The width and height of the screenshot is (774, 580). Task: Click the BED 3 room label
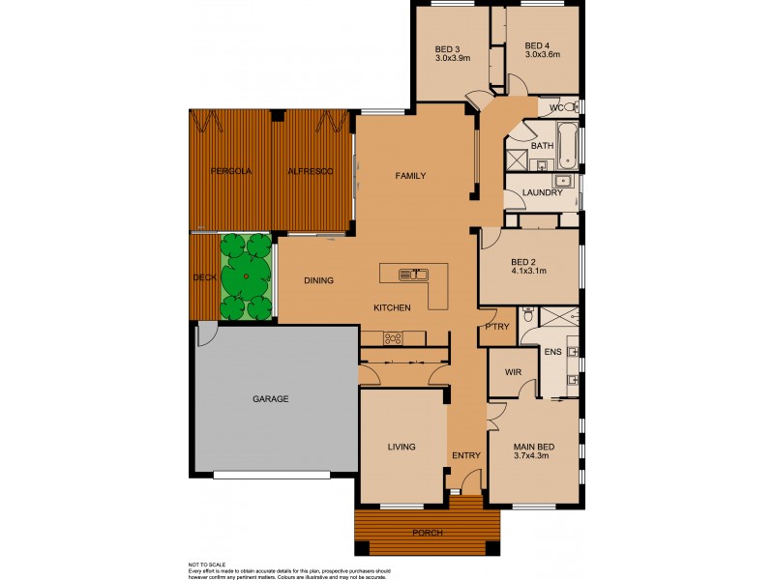(446, 46)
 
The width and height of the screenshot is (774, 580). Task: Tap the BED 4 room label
(537, 46)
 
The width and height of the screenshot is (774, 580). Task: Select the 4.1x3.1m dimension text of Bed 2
(528, 272)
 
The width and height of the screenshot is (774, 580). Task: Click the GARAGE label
(271, 398)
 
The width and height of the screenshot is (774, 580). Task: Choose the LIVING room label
(401, 447)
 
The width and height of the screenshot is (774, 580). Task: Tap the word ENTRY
(465, 455)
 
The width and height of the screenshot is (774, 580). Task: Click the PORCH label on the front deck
(427, 532)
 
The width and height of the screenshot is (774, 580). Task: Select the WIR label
(514, 372)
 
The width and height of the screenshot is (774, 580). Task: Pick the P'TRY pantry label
(497, 327)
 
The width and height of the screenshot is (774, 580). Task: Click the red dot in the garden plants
(247, 276)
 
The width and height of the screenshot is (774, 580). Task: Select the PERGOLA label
(231, 171)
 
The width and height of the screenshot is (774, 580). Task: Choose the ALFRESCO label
(310, 171)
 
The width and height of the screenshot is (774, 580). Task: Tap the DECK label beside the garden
(204, 277)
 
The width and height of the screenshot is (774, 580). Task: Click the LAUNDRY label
(542, 192)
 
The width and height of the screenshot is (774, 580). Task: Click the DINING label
(318, 281)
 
